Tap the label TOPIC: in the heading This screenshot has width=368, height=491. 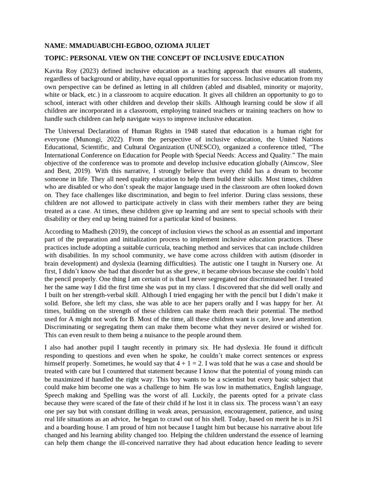(57, 58)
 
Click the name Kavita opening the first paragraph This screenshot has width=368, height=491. (55, 71)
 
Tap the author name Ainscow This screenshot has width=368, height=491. (287, 162)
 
